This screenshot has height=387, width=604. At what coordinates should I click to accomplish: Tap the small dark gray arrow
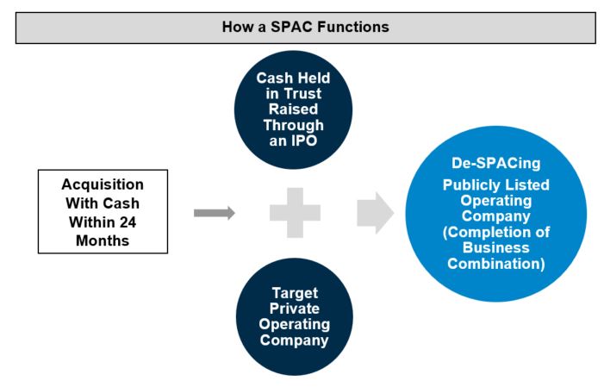coord(214,213)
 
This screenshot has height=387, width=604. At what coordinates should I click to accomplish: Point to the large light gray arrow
coord(376,213)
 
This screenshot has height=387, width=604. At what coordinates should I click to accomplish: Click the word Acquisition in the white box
coord(103,185)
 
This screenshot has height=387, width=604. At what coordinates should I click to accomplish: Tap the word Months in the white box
coord(103,241)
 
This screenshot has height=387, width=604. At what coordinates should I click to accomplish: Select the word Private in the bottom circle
coord(294,308)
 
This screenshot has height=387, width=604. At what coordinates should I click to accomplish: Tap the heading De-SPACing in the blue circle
coord(495,164)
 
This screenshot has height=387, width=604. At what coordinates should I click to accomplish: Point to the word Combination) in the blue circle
coord(495,263)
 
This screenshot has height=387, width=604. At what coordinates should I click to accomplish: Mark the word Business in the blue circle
coord(495,247)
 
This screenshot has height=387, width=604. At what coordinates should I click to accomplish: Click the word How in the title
coord(236,27)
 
